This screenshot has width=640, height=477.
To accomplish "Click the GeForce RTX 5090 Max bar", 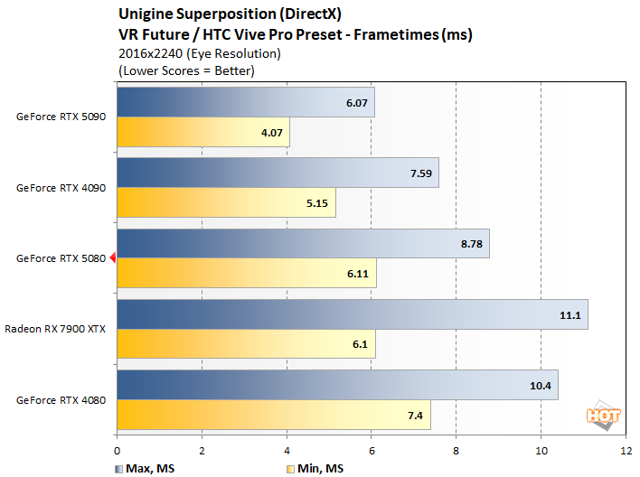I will point(244,102).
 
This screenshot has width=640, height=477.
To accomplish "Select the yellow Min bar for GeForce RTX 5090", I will point(202,132).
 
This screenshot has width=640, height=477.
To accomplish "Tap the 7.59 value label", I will point(419,173).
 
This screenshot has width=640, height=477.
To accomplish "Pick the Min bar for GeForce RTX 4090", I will point(226,202).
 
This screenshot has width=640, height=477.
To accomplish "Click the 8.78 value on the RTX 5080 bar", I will point(469,244).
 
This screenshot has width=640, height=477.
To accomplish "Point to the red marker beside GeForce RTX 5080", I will point(113,258).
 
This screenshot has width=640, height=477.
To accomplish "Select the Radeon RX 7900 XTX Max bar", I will point(352,314).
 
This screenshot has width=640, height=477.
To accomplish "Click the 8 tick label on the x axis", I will point(456,449).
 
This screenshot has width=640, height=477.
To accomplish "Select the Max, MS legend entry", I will point(143,468).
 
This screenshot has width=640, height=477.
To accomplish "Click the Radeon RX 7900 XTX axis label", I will point(55,329).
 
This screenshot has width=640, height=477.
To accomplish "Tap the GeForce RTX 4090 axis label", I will point(61,188).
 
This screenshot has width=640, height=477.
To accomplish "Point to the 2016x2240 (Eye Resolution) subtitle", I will point(199,53).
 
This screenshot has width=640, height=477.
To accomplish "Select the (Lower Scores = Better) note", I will point(186,70).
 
